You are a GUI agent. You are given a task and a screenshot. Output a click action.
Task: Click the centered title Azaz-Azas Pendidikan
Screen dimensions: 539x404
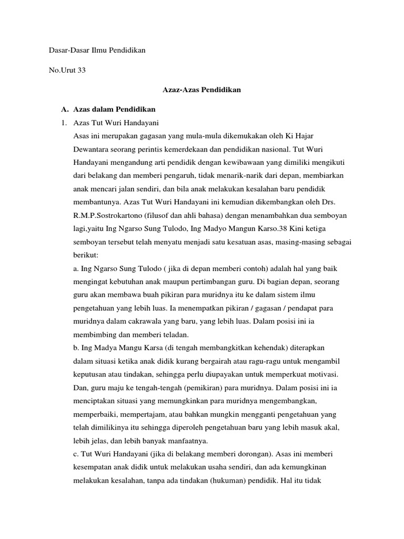(x=202, y=90)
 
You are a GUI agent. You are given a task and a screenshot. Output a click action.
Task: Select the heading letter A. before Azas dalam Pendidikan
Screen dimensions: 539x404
(x=65, y=109)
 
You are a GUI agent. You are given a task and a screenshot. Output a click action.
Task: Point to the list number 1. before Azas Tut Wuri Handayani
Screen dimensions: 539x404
(x=64, y=123)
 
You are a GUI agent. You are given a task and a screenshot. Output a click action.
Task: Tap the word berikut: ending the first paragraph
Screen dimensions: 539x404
(x=86, y=255)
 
